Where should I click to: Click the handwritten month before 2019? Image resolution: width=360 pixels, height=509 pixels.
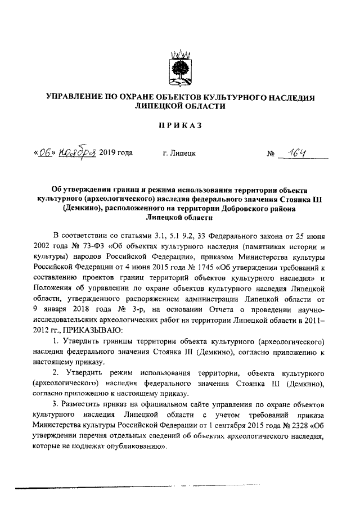[74, 151]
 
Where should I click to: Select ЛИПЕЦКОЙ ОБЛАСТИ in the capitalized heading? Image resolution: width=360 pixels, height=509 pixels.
[179, 106]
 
